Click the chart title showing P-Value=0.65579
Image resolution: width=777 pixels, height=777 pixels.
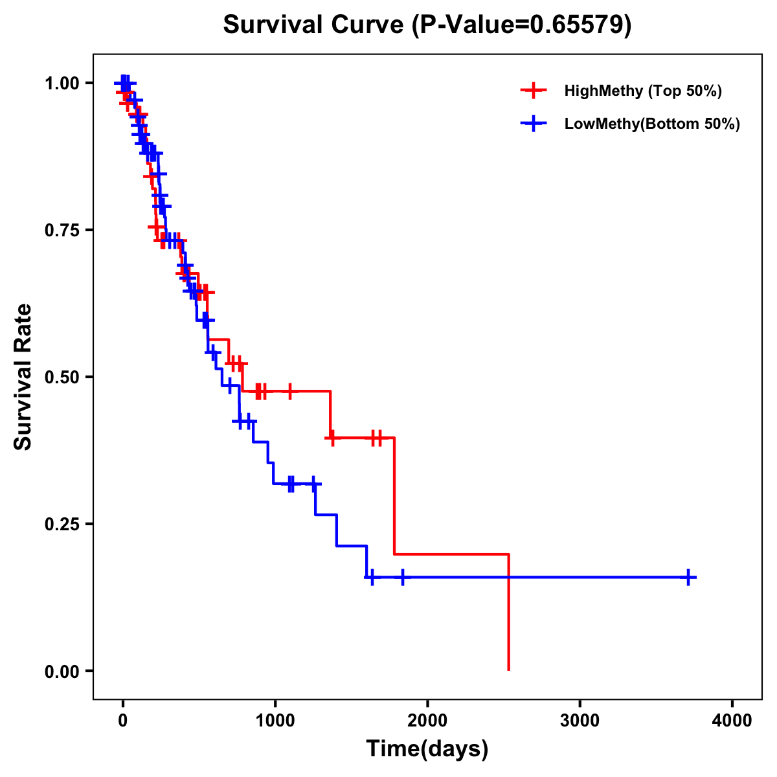pos(427,25)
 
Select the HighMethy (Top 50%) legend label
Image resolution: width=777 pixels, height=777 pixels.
pos(642,91)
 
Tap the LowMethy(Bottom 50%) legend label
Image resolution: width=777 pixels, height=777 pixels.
pos(652,124)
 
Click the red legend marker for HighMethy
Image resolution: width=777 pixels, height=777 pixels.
pos(533,91)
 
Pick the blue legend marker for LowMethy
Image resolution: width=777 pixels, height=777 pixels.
pos(533,124)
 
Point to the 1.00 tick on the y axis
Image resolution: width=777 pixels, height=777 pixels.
pos(62,83)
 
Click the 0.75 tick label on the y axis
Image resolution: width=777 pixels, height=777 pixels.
pos(62,230)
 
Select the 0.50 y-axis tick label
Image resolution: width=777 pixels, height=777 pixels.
pos(62,377)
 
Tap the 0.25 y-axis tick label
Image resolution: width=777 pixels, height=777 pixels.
pos(62,524)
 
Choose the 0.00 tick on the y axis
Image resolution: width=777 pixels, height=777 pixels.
pos(62,671)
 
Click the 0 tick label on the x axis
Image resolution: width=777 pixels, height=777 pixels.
pos(122,721)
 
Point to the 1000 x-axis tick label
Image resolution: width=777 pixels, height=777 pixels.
pos(275,721)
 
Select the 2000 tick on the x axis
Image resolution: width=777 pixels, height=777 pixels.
pos(427,721)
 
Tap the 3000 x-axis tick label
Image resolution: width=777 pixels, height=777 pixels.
pos(580,721)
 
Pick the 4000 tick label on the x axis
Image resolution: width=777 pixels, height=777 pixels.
pos(732,721)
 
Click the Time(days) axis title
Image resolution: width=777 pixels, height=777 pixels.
pos(427,749)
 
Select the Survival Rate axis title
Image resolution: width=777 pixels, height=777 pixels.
pos(23,377)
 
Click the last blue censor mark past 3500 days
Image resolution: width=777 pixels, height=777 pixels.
pos(689,577)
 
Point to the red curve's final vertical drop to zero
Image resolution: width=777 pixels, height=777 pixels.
pos(509,612)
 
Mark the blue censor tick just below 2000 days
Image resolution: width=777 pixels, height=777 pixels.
pos(403,577)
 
